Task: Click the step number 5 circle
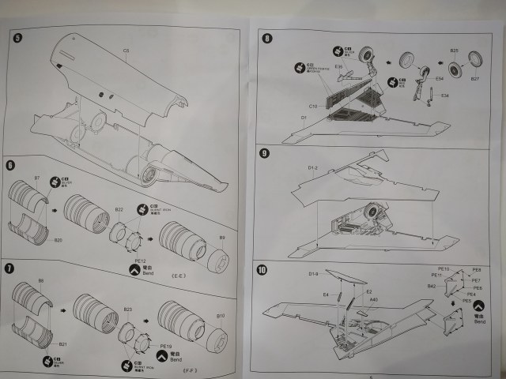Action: tap(19, 36)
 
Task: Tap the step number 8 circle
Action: tap(266, 37)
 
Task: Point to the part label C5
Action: tap(126, 51)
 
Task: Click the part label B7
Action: tap(37, 178)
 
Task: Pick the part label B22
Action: tap(119, 210)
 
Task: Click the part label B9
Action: tap(221, 237)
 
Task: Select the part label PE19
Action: tap(165, 346)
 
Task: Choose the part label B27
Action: tap(475, 79)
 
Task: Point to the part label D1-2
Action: tap(312, 167)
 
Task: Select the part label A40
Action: tap(374, 299)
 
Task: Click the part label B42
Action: tap(432, 286)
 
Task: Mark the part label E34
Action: tap(444, 96)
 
